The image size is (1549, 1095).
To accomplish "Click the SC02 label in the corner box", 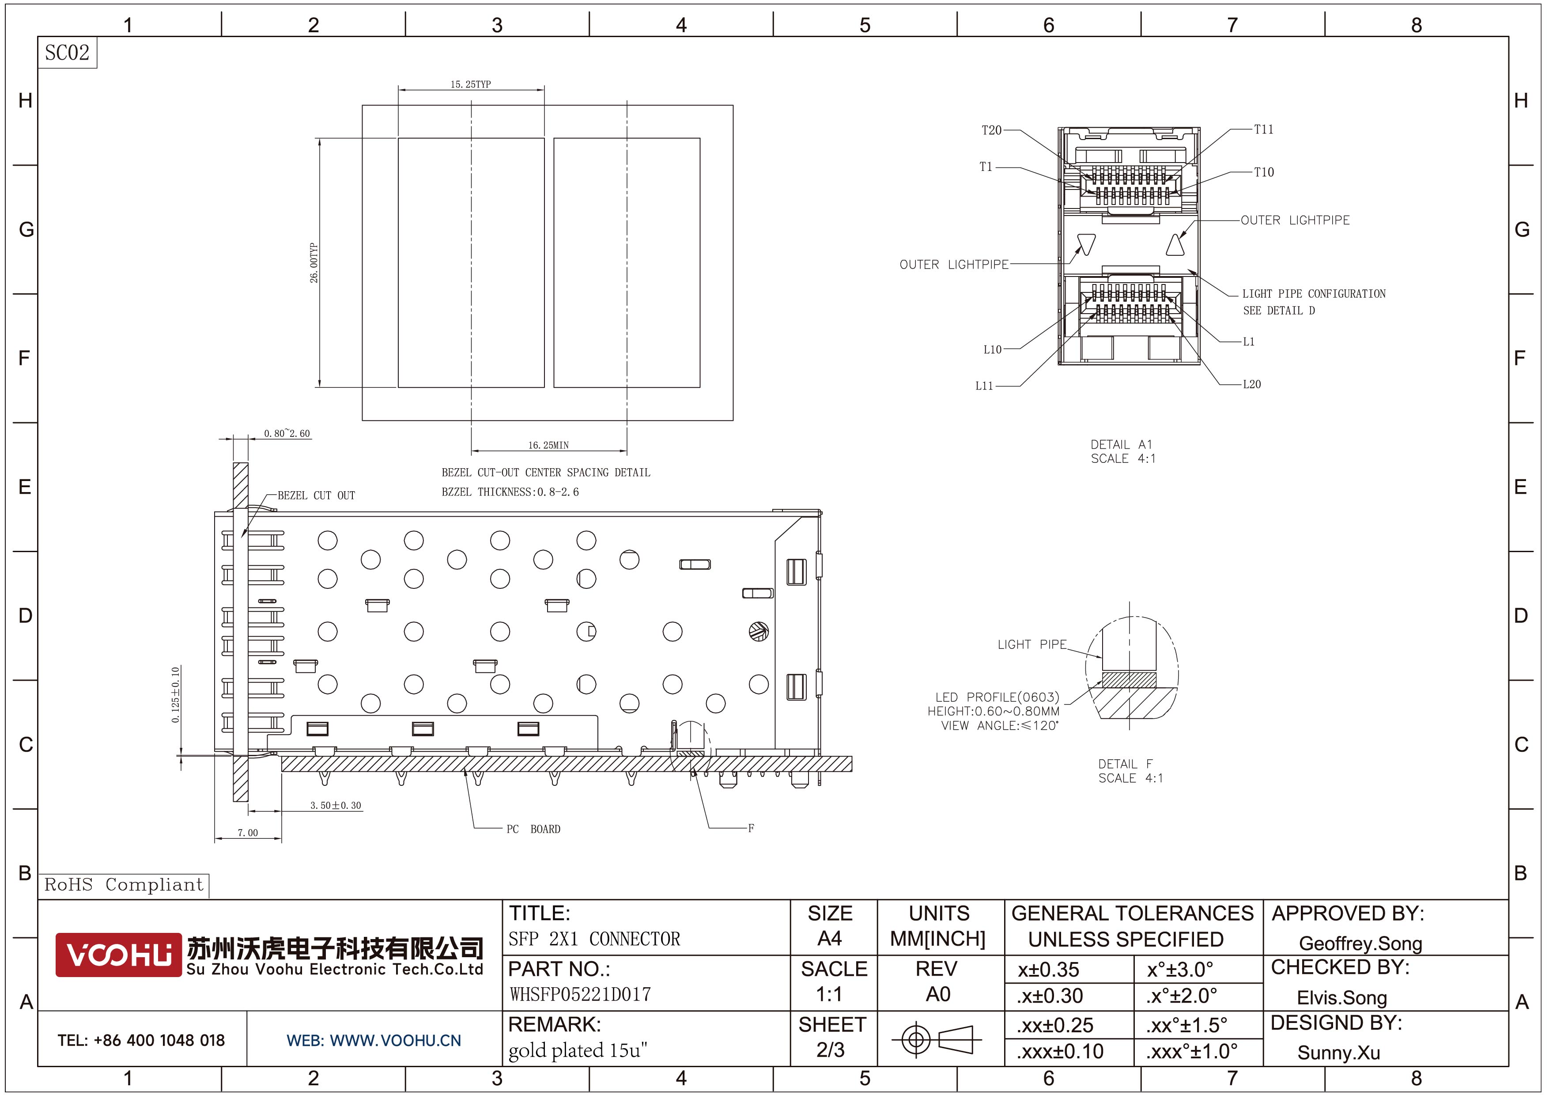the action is click(x=67, y=53).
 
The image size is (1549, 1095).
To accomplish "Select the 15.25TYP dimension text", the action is click(x=471, y=84).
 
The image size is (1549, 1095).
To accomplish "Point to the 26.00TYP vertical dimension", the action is click(x=314, y=262).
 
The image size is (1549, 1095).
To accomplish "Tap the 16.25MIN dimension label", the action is click(x=548, y=445).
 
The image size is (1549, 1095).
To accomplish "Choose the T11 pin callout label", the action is click(x=1264, y=129).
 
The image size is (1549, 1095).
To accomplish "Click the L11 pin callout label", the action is click(x=984, y=386).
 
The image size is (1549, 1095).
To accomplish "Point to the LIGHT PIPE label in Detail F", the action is click(x=1032, y=644).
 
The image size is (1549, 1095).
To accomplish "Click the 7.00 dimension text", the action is click(x=248, y=833).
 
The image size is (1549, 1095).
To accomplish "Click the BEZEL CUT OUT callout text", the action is click(x=317, y=495).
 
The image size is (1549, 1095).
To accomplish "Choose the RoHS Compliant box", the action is click(x=124, y=885).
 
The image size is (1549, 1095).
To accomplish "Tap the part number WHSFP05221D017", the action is click(x=580, y=994).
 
